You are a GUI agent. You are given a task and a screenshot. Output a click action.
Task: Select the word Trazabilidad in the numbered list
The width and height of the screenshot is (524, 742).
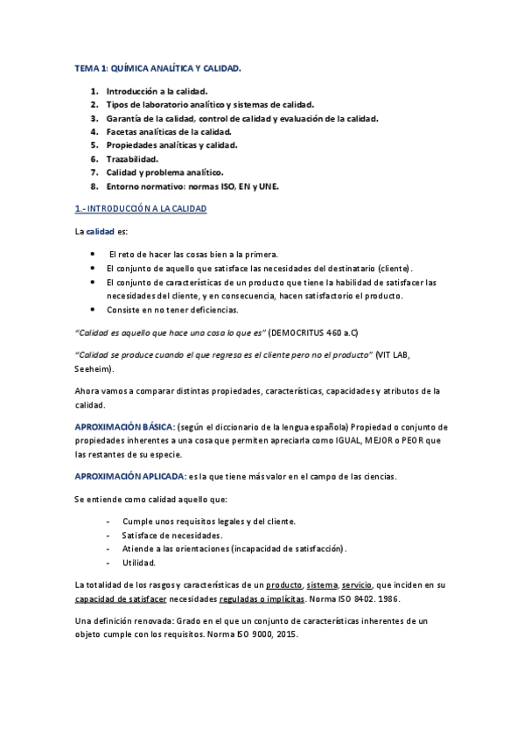click(x=132, y=159)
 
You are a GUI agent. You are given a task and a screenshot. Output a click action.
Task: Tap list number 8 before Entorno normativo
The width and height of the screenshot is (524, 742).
click(x=94, y=186)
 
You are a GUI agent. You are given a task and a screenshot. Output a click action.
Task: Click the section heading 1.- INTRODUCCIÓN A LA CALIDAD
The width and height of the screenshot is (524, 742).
click(x=140, y=209)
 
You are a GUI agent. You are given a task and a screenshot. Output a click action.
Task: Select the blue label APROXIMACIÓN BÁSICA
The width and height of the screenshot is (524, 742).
click(x=124, y=426)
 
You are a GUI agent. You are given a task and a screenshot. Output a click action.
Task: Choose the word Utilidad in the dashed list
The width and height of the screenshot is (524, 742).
click(x=139, y=563)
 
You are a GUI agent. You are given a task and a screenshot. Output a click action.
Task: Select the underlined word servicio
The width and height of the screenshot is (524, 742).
click(x=358, y=584)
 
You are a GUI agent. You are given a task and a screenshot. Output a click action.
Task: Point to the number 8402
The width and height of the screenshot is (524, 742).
click(x=367, y=599)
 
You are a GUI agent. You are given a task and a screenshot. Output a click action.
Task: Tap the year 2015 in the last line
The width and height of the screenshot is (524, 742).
click(x=286, y=634)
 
